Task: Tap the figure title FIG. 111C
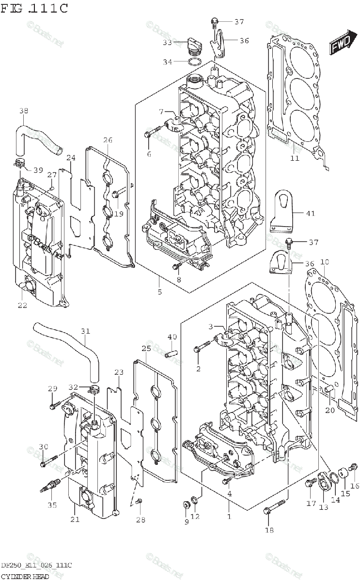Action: coord(34,8)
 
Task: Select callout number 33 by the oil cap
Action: coord(167,43)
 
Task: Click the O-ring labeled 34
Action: coord(195,62)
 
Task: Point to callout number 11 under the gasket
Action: coord(295,158)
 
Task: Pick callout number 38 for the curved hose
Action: coord(24,111)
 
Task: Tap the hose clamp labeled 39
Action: coord(20,163)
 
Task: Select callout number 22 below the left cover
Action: coord(23,305)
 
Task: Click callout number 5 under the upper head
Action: coord(159,291)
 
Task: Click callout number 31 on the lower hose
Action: coord(85,331)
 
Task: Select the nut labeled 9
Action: coord(186,505)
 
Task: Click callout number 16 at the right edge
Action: coord(355,486)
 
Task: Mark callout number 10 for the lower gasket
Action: coord(325,262)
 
